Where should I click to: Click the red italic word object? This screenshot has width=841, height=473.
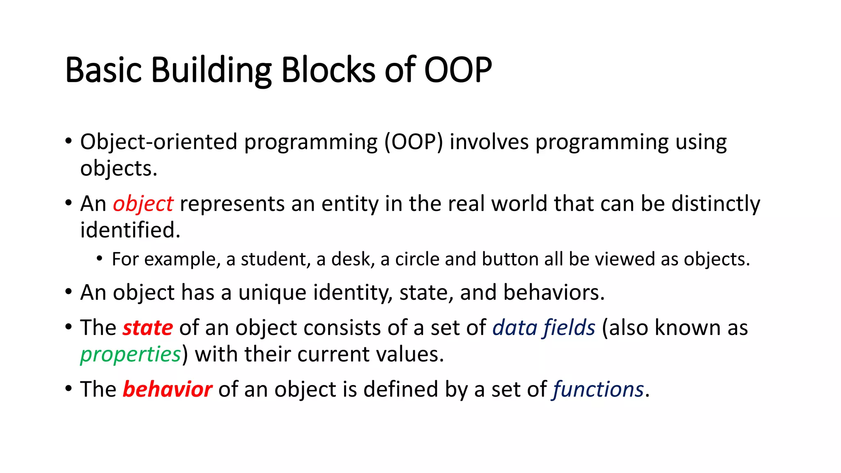click(143, 204)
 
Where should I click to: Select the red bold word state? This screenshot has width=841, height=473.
click(148, 328)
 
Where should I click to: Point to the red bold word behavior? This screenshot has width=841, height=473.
click(167, 390)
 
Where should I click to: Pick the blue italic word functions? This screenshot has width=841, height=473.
click(598, 390)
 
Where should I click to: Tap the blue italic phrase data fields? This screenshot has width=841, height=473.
click(544, 328)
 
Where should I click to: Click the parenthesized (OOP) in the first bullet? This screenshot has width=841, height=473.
click(414, 142)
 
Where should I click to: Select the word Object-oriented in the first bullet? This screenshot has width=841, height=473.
click(159, 142)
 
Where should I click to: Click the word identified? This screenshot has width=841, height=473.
click(130, 230)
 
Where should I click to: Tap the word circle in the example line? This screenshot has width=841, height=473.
click(417, 259)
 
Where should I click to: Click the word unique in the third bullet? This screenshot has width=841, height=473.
click(272, 293)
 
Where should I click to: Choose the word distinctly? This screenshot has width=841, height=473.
click(716, 204)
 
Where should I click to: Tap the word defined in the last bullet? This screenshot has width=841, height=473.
click(400, 390)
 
